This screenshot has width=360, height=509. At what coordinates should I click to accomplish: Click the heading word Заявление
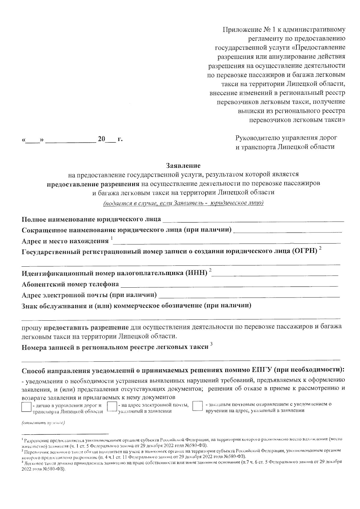(x=183, y=165)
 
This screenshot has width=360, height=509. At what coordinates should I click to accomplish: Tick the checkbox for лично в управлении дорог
(x=27, y=407)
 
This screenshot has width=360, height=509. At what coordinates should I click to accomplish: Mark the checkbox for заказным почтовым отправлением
(x=197, y=407)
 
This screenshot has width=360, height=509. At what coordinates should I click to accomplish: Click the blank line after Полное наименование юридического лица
(x=253, y=220)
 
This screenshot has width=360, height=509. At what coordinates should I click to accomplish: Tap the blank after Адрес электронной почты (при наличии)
(x=249, y=295)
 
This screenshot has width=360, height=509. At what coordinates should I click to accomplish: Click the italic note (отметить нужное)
(x=43, y=423)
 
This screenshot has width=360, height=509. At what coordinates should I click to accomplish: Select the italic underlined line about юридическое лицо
(x=183, y=203)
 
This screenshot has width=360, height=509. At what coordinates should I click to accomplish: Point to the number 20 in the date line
(x=101, y=139)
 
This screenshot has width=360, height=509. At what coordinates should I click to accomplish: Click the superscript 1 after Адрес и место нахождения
(x=112, y=238)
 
